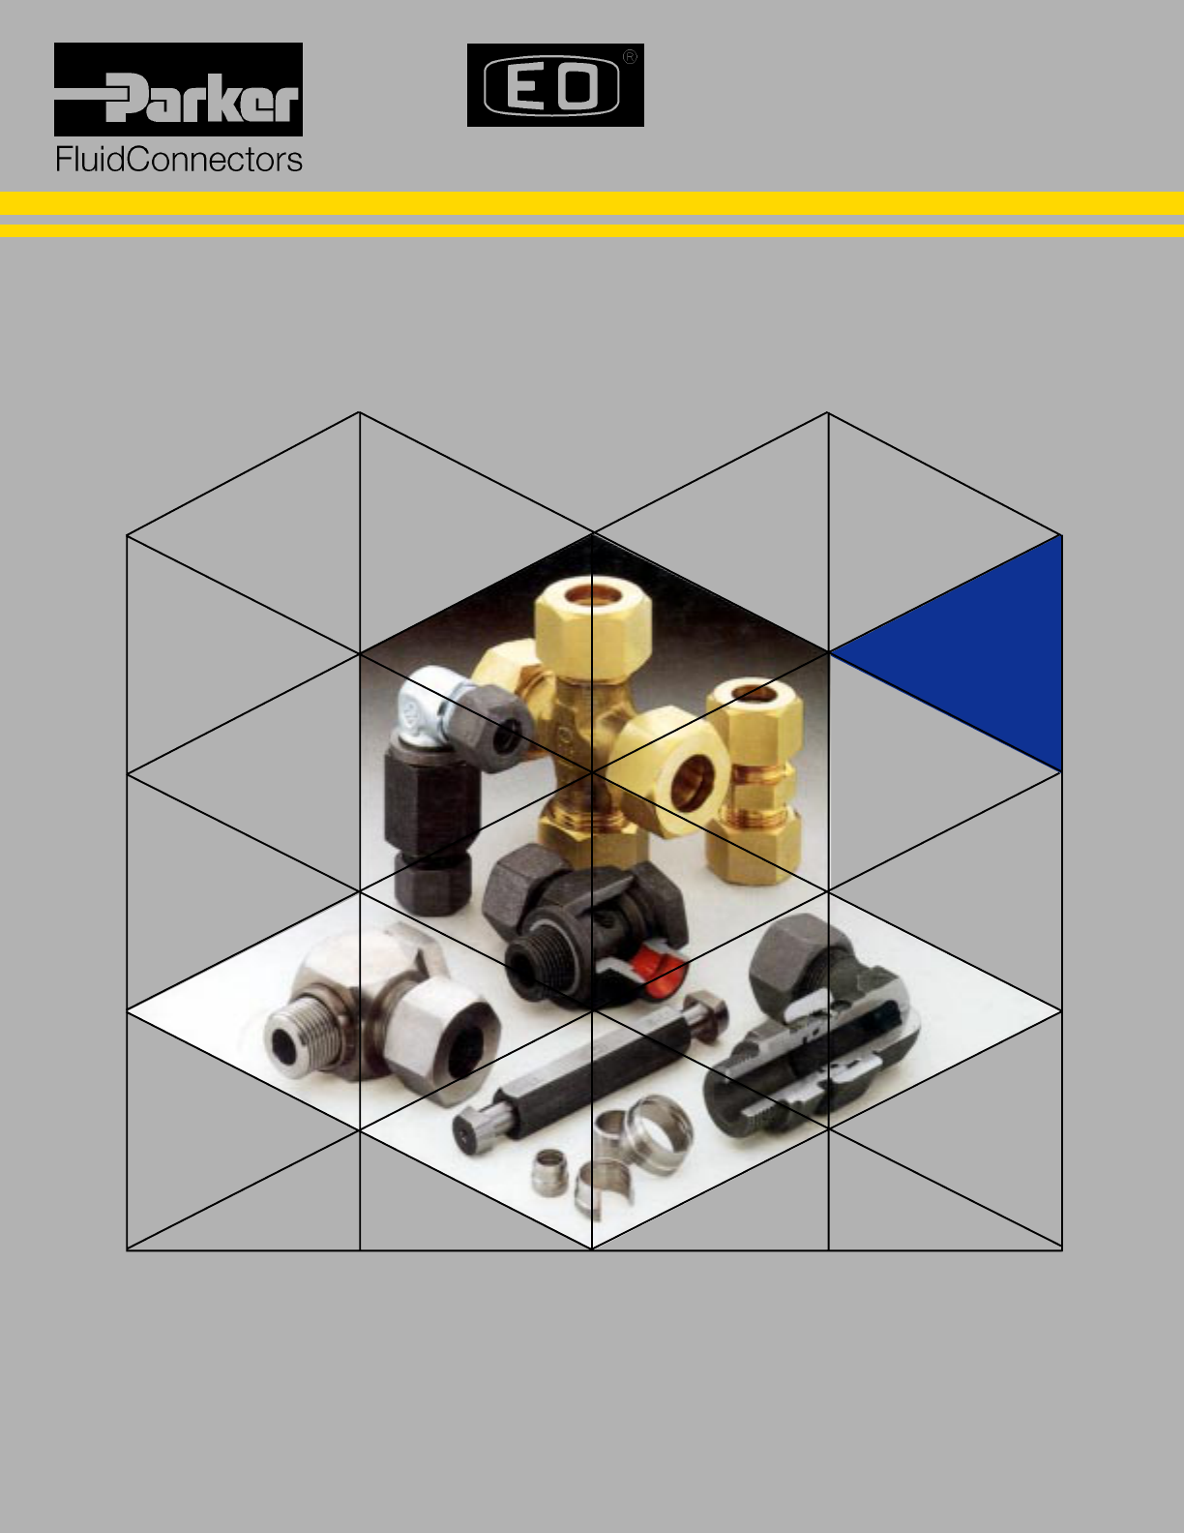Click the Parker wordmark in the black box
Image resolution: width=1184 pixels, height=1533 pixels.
point(202,97)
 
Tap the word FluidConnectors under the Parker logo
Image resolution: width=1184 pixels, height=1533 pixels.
point(179,160)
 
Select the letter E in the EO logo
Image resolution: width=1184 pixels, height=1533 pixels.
point(524,86)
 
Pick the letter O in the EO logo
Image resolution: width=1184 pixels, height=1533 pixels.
point(577,86)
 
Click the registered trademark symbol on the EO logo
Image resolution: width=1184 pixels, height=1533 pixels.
point(630,57)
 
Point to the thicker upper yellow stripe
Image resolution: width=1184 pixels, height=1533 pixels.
point(592,203)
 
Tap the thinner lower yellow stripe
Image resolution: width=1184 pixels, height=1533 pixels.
point(592,230)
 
